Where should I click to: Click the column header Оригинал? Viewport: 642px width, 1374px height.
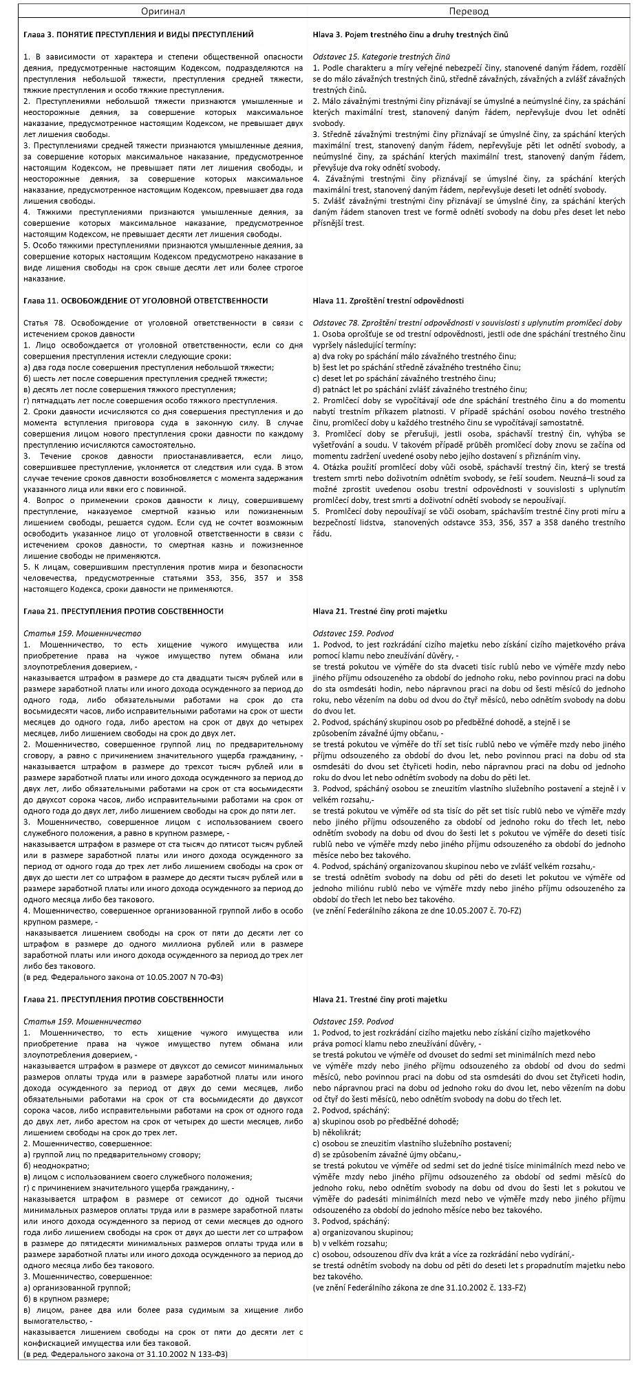[x=163, y=12]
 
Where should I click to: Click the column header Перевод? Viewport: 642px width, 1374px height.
[x=469, y=12]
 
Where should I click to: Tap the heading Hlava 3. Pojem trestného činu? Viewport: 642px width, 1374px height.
[x=410, y=34]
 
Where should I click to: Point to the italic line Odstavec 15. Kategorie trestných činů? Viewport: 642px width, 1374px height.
[x=381, y=56]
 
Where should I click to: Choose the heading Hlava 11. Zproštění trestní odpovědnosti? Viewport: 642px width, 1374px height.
[x=388, y=301]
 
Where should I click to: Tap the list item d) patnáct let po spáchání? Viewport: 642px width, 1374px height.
[x=420, y=389]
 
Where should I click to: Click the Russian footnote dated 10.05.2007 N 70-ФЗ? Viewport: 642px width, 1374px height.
[x=123, y=977]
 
